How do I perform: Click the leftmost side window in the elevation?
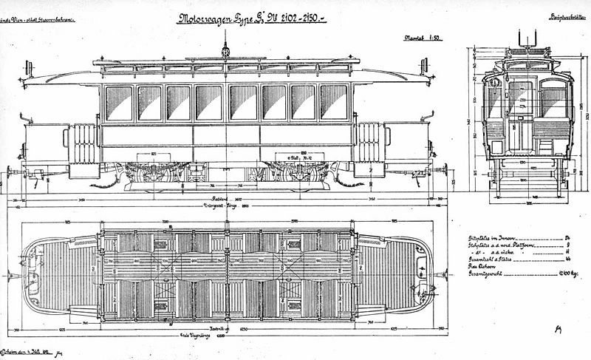coord(119,103)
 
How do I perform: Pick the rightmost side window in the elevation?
coord(333,102)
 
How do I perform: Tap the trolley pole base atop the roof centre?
coord(225,52)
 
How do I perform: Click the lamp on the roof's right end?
coord(424,67)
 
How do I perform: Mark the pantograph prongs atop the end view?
coord(527,38)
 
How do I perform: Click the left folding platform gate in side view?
coord(83,143)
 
